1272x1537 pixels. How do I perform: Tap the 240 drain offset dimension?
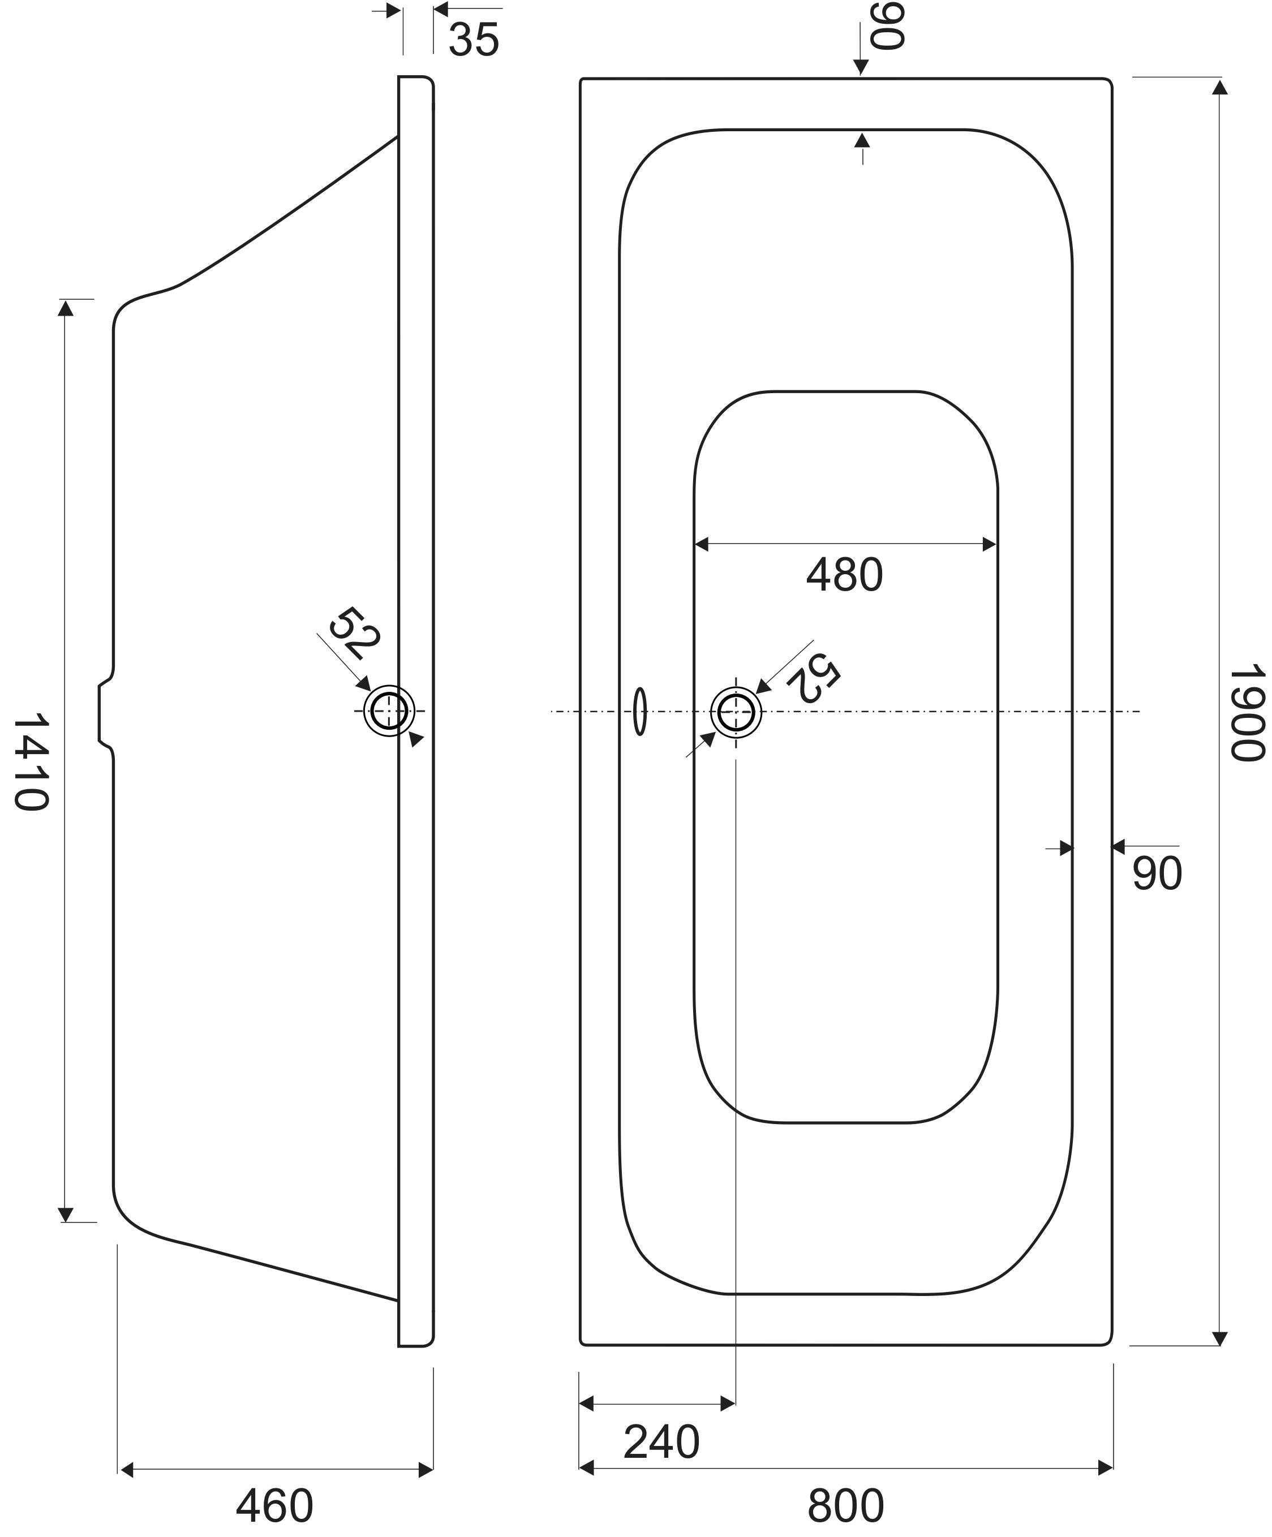pyautogui.click(x=661, y=1442)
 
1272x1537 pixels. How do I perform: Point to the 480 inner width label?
pyautogui.click(x=845, y=575)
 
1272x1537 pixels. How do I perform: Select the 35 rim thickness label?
pyautogui.click(x=474, y=40)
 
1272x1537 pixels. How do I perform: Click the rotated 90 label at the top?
pyautogui.click(x=888, y=27)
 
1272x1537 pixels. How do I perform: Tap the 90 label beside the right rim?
pyautogui.click(x=1157, y=873)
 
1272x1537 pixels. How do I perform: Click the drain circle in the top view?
pyautogui.click(x=736, y=712)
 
